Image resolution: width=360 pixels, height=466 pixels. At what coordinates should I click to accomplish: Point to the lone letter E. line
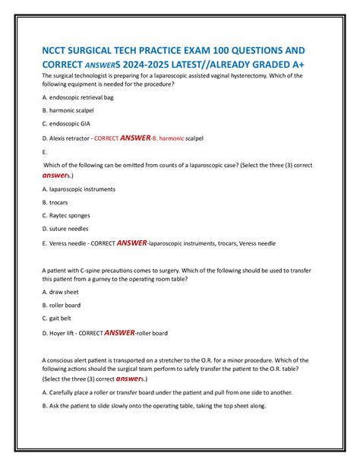click(x=46, y=152)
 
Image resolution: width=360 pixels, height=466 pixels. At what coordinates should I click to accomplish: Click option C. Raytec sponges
click(x=68, y=216)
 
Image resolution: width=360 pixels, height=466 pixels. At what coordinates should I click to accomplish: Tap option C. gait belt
click(x=60, y=319)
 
